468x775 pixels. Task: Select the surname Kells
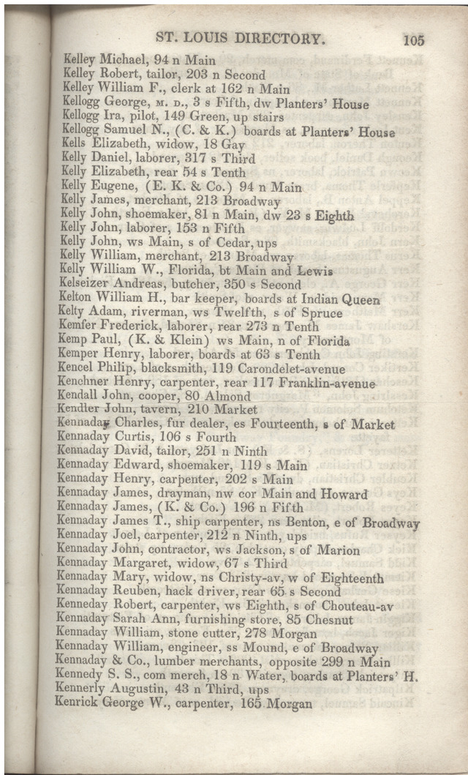pos(75,145)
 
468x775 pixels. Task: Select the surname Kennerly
pos(82,690)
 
